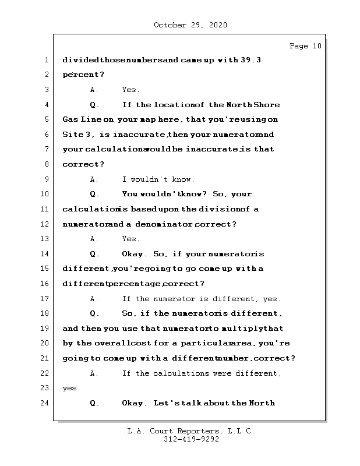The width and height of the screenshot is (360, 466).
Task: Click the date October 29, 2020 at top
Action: [190, 25]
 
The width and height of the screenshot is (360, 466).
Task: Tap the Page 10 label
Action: [305, 46]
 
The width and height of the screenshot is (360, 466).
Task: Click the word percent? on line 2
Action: [83, 75]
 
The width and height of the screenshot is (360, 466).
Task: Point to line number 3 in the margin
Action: [46, 90]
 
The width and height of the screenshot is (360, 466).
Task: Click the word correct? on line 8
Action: [83, 164]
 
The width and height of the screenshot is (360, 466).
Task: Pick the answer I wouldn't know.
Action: [158, 179]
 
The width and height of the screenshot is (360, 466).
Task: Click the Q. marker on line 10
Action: [95, 194]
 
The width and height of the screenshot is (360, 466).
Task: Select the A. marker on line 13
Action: [94, 239]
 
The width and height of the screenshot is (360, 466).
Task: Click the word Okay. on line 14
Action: [135, 254]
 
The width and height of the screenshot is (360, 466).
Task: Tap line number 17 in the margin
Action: [46, 299]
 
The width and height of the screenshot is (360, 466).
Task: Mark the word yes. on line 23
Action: [72, 388]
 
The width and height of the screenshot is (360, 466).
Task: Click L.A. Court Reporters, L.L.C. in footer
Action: [190, 432]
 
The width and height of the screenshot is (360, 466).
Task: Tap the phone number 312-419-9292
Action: [190, 440]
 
